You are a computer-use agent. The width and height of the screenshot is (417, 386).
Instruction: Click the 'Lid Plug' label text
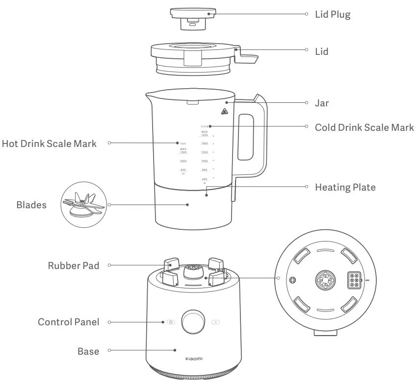click(332, 14)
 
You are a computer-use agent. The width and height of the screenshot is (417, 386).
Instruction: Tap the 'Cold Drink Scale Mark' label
click(364, 127)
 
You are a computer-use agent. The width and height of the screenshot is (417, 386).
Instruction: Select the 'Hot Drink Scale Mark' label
click(49, 144)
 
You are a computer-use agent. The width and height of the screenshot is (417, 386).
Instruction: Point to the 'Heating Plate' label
click(345, 187)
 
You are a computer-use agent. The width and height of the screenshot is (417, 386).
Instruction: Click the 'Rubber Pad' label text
click(73, 265)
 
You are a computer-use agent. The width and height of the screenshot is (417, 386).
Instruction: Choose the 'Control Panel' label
click(68, 322)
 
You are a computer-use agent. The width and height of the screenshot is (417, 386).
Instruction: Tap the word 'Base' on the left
click(88, 351)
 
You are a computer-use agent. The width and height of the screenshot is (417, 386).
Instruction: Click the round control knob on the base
click(192, 322)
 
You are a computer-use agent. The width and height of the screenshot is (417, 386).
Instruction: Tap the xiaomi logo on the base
click(193, 359)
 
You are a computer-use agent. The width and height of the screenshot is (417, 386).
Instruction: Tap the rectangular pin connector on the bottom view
click(354, 280)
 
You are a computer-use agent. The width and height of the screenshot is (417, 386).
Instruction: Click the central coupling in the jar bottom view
click(325, 280)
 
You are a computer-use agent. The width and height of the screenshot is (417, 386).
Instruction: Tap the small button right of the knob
click(216, 322)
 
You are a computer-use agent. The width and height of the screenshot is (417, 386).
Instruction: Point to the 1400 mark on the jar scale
click(205, 144)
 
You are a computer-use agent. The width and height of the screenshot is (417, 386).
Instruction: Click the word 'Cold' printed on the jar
click(205, 126)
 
